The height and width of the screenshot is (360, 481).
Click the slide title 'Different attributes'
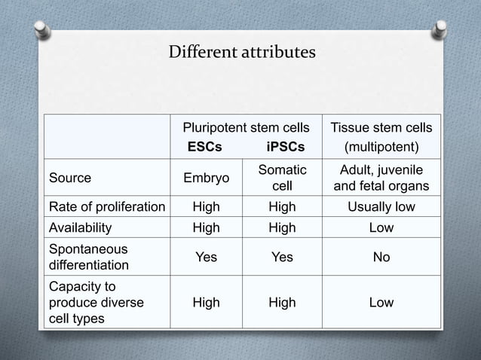(241, 53)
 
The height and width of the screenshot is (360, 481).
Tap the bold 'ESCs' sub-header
(204, 147)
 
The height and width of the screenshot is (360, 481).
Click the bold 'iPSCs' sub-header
(286, 147)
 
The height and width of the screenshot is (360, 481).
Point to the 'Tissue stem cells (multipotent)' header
(381, 137)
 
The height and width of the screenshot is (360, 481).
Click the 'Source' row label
(70, 178)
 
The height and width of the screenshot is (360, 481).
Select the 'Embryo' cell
(207, 178)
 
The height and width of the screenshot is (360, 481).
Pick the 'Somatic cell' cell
(282, 178)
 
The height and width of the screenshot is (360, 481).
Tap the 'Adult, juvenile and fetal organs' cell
(381, 178)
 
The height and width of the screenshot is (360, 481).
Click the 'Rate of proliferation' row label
(106, 207)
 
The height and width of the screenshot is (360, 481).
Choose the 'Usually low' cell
(381, 207)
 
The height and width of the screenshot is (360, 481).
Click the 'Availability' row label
(80, 227)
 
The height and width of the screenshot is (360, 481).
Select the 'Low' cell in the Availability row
(381, 227)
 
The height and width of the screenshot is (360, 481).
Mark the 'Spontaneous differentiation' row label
(88, 257)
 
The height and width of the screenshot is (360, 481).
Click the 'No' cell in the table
(381, 257)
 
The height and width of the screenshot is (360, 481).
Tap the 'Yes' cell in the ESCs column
(207, 257)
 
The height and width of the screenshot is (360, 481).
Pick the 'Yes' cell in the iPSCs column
(282, 257)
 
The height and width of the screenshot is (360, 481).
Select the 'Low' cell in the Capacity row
(381, 302)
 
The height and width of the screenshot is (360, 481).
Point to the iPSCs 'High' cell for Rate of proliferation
(282, 207)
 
